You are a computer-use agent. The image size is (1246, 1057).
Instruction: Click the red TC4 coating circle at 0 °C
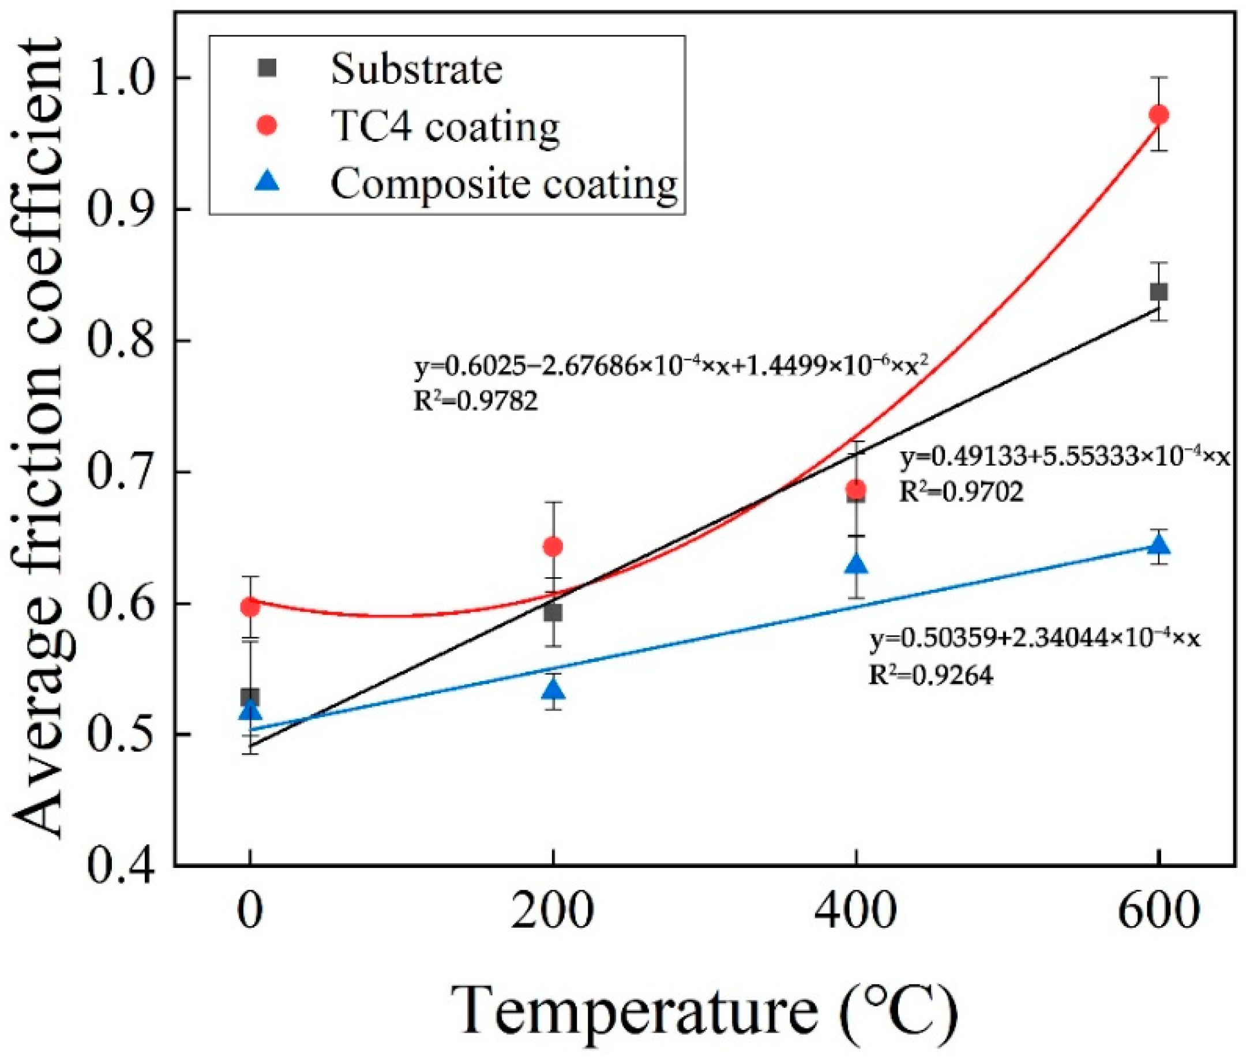(x=250, y=607)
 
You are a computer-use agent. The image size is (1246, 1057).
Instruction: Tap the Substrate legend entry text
(x=416, y=70)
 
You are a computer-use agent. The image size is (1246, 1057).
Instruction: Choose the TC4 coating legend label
(x=445, y=126)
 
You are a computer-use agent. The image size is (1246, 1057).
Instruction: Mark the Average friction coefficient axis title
(x=39, y=438)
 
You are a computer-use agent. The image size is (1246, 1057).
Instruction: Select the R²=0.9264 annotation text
(x=931, y=675)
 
